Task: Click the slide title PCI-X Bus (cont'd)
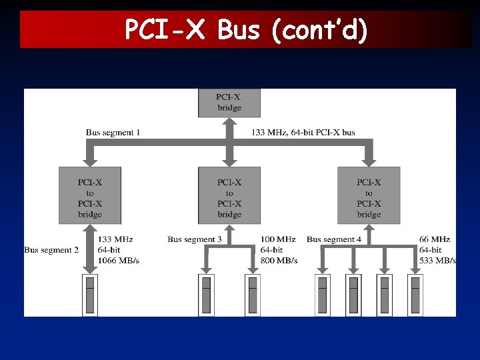click(245, 30)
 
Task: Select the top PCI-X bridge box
click(229, 103)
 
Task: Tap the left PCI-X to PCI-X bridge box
click(90, 195)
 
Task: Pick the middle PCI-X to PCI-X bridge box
click(229, 195)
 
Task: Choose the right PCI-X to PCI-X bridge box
click(369, 195)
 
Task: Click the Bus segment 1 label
click(113, 133)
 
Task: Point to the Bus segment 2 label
click(51, 250)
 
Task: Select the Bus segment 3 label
click(194, 239)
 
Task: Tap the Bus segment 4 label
click(334, 239)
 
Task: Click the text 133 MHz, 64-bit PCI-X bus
click(303, 133)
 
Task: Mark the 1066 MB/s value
click(118, 261)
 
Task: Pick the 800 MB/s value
click(279, 261)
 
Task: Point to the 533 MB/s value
click(437, 261)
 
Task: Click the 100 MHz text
click(278, 239)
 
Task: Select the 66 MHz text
click(435, 239)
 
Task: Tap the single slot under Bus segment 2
click(90, 295)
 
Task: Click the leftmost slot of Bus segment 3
click(207, 295)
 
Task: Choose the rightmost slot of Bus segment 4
click(415, 295)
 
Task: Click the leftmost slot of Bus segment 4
click(322, 295)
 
